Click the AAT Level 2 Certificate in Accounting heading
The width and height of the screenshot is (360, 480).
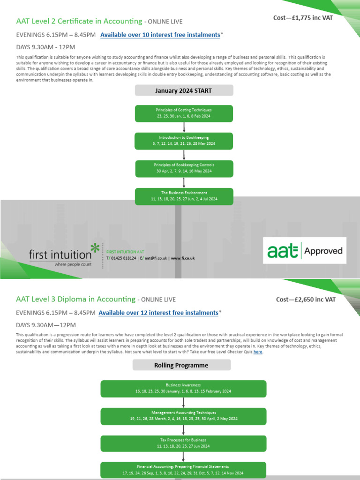(79, 21)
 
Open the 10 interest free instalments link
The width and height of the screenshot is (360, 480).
(160, 35)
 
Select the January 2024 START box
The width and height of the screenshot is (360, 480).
(184, 90)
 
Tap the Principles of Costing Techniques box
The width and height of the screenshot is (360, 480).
(184, 113)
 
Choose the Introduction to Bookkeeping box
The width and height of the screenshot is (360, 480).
(184, 141)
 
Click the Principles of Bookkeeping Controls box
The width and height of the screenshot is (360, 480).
(184, 168)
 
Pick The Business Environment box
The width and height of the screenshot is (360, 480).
(184, 196)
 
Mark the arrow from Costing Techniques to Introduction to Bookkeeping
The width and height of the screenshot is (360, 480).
(184, 127)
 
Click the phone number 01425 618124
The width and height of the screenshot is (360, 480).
(124, 258)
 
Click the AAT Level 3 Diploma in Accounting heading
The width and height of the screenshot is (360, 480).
(75, 299)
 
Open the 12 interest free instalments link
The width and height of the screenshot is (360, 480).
(158, 313)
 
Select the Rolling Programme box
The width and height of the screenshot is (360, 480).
(182, 365)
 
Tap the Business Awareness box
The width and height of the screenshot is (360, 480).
(183, 388)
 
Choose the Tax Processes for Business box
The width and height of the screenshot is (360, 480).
(183, 443)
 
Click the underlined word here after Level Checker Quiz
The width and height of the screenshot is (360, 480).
(258, 352)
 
